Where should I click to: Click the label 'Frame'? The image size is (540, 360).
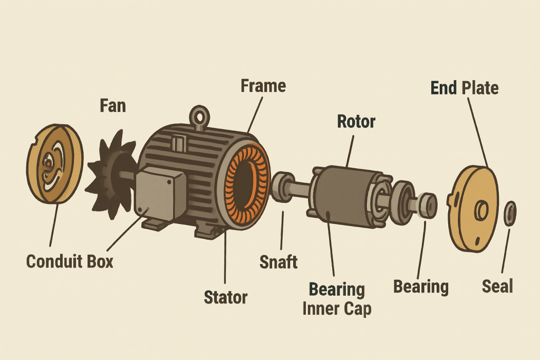[263, 86]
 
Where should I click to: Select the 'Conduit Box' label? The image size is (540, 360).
[70, 261]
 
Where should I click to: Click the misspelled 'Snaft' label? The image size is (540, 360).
[278, 262]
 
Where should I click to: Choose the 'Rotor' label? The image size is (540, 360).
[356, 122]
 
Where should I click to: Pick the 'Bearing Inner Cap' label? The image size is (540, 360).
[337, 299]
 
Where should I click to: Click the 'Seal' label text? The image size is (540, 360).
[497, 287]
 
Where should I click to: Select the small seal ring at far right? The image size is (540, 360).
[510, 213]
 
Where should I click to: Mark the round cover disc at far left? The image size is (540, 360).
[54, 164]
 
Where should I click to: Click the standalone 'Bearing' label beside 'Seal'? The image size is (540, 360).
[421, 287]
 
